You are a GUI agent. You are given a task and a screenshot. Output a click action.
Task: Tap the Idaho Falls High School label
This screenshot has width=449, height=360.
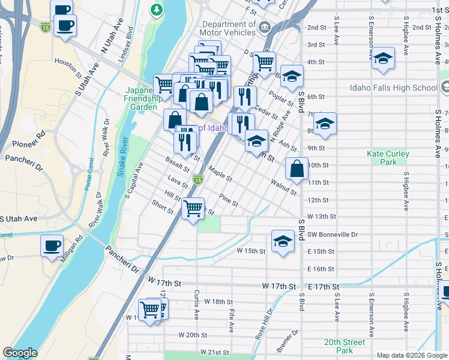pyautogui.click(x=395, y=88)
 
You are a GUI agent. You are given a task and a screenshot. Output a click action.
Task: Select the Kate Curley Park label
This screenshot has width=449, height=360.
pyautogui.click(x=388, y=158)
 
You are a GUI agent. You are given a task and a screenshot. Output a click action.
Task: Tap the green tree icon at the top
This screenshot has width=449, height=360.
pyautogui.click(x=157, y=10)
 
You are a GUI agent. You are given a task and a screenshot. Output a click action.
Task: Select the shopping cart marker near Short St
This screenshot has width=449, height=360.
pyautogui.click(x=193, y=209)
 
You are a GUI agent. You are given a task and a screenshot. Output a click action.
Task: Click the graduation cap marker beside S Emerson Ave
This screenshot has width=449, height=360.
pyautogui.click(x=383, y=58)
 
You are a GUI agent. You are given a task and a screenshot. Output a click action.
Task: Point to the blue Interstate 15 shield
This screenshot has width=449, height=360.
pyautogui.click(x=46, y=27)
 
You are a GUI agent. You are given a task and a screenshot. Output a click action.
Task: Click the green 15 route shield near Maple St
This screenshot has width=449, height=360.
pyautogui.click(x=197, y=179)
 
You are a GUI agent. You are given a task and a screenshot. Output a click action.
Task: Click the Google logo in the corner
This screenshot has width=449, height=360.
pyautogui.click(x=20, y=353)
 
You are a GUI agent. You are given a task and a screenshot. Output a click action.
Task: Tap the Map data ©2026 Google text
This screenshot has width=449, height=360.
pyautogui.click(x=411, y=355)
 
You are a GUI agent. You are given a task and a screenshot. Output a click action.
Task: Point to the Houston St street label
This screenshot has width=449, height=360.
pyautogui.click(x=67, y=61)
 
